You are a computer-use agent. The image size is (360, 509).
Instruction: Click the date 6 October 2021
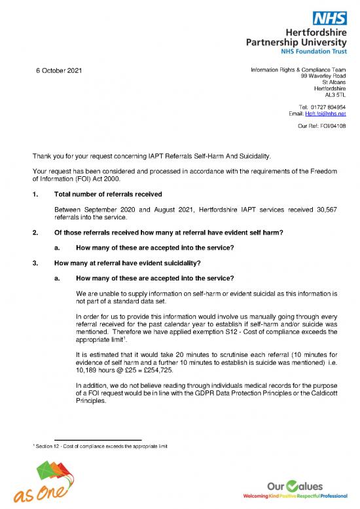58,71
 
